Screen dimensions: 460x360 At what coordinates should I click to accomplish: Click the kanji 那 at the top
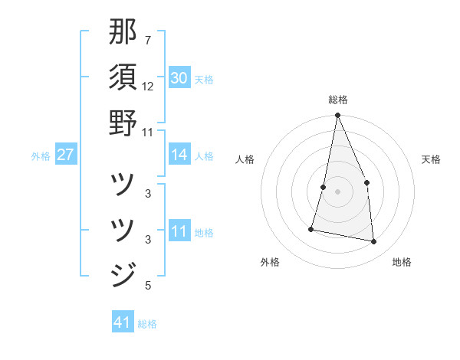click(x=123, y=31)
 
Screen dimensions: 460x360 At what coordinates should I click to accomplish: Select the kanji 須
click(x=123, y=77)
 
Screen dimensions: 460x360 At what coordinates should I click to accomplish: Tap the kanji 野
click(x=123, y=123)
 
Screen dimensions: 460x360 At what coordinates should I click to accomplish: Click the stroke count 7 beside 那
click(x=147, y=40)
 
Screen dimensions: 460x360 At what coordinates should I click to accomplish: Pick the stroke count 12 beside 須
click(x=148, y=86)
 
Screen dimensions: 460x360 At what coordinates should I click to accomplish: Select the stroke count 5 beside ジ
click(x=147, y=286)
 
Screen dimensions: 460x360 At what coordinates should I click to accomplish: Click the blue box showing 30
click(x=179, y=78)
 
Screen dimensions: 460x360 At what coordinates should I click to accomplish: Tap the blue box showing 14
click(x=179, y=155)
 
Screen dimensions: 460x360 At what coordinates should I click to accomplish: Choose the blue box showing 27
click(x=65, y=155)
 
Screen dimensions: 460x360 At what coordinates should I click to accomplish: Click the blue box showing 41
click(x=123, y=322)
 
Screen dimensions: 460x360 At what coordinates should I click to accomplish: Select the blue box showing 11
click(x=179, y=231)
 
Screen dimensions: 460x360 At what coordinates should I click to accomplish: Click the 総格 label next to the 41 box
click(x=147, y=324)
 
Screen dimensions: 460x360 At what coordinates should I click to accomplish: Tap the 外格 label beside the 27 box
click(x=41, y=156)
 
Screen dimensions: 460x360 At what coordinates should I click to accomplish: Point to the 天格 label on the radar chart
click(x=432, y=159)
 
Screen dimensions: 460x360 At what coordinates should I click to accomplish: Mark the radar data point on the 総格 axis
click(x=337, y=116)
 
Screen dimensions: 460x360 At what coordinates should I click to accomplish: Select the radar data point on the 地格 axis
click(x=374, y=242)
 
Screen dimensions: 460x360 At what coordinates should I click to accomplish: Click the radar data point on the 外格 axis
click(x=311, y=228)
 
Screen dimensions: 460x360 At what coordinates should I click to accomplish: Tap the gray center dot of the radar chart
click(x=337, y=191)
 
